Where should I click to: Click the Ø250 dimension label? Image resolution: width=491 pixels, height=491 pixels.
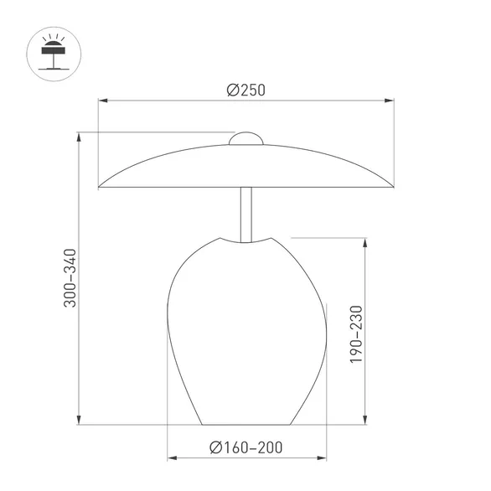(245, 90)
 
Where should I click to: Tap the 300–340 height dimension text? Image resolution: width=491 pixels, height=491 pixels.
(70, 277)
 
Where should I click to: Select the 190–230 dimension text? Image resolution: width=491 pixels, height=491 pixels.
(356, 333)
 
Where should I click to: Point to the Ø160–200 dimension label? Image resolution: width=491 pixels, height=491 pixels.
(246, 447)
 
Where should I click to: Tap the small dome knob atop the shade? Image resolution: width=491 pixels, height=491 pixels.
(246, 138)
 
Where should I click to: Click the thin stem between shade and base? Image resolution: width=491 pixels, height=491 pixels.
(246, 214)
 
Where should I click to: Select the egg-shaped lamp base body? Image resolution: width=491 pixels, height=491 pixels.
(246, 335)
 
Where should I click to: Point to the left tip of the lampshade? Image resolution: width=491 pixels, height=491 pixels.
(101, 186)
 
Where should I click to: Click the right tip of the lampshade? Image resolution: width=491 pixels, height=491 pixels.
(392, 186)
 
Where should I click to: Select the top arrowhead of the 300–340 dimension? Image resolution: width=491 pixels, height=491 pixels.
(79, 137)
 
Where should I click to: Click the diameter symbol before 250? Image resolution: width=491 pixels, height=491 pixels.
(232, 90)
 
